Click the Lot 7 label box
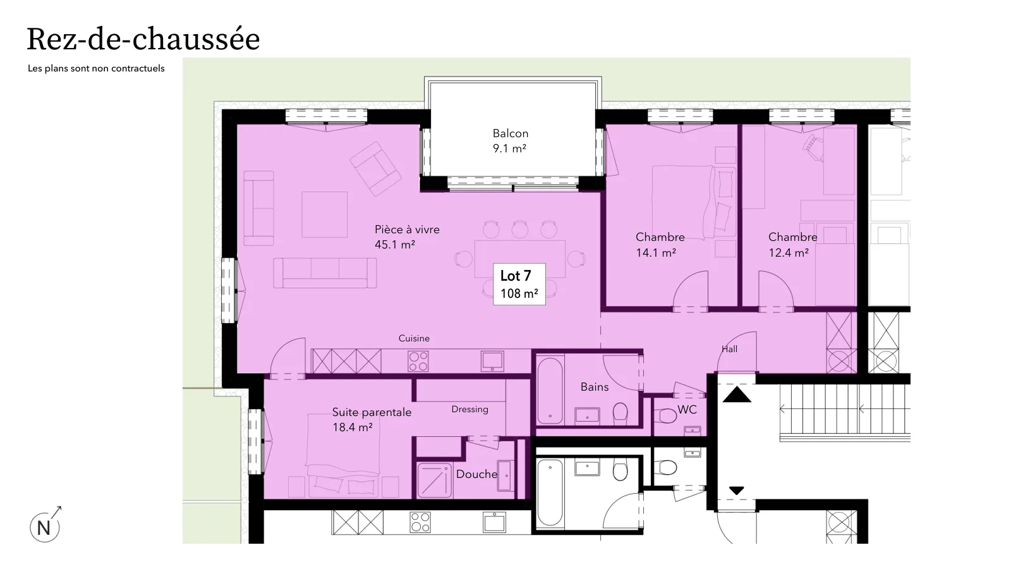coord(519,284)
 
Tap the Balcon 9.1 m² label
coord(510,140)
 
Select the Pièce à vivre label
coord(407,229)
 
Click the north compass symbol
coord(45,525)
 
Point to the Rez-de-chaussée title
coord(143,39)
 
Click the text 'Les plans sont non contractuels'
coord(96,68)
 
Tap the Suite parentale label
coord(372,412)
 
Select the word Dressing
coord(470,409)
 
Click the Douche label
coord(476,474)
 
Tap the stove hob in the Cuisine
coord(418,361)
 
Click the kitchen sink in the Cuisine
coord(492,361)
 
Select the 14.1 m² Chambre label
coord(660,245)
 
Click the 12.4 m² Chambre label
coord(792,245)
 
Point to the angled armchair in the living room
coord(375,169)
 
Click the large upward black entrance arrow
coord(737,395)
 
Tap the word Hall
coord(729,349)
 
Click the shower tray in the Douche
coord(434,480)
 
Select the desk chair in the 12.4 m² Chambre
coord(813,147)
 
